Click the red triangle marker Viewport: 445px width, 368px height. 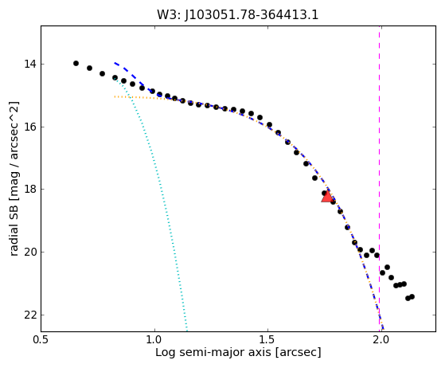click(x=327, y=197)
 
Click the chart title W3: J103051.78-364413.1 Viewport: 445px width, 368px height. click(x=238, y=15)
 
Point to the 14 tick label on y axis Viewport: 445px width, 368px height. click(x=30, y=64)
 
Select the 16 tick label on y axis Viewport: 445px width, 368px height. click(x=30, y=127)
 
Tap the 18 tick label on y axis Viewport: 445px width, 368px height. click(x=30, y=189)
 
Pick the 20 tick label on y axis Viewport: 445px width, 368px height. click(x=30, y=252)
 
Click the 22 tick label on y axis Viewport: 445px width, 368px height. click(x=30, y=315)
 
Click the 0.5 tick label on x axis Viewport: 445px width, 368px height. click(x=41, y=339)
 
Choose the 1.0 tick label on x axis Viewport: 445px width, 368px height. click(x=154, y=339)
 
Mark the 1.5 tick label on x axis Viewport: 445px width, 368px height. click(x=267, y=339)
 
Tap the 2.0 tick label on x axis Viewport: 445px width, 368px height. click(x=381, y=339)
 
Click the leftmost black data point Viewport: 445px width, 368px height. click(x=76, y=63)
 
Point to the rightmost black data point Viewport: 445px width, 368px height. click(x=412, y=297)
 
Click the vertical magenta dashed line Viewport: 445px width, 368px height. click(x=380, y=178)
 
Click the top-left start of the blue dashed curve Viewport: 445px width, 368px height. click(x=115, y=63)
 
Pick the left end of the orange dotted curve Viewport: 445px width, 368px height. click(x=115, y=97)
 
